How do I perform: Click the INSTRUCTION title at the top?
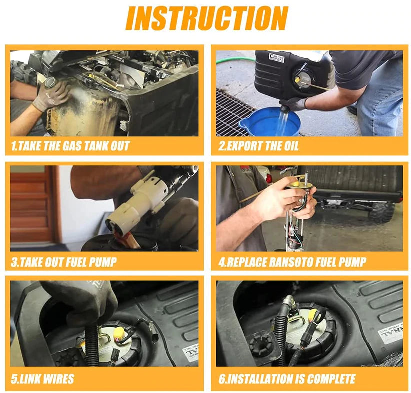[x=207, y=18]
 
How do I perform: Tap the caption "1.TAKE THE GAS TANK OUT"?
[x=70, y=146]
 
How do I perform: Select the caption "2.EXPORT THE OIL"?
[x=259, y=146]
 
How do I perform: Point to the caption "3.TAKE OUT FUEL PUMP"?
[x=64, y=262]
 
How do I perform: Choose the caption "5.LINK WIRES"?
[x=43, y=379]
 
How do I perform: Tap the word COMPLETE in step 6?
[x=331, y=379]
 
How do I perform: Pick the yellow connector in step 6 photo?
[x=313, y=314]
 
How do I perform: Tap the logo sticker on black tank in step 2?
[x=277, y=58]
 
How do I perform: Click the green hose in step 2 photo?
[x=235, y=61]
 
